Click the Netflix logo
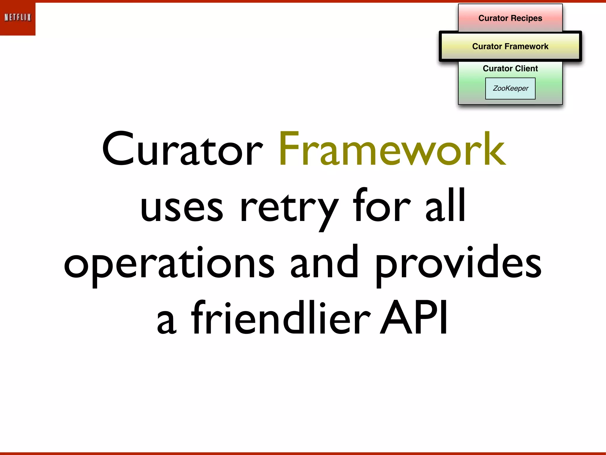click(x=18, y=18)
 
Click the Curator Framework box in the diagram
click(x=510, y=47)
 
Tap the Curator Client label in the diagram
click(x=510, y=68)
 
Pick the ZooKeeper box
click(x=510, y=88)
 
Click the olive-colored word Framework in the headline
click(x=392, y=149)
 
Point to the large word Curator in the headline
click(x=182, y=149)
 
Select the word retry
click(x=289, y=207)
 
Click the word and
click(x=324, y=262)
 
